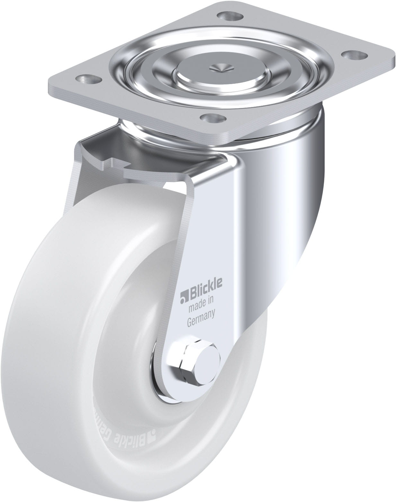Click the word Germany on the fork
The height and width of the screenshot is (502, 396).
(201, 313)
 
